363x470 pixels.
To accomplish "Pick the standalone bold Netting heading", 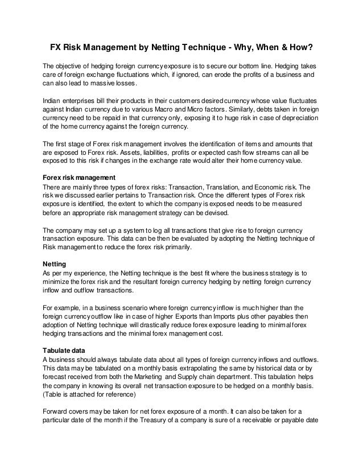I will pos(56,265).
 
